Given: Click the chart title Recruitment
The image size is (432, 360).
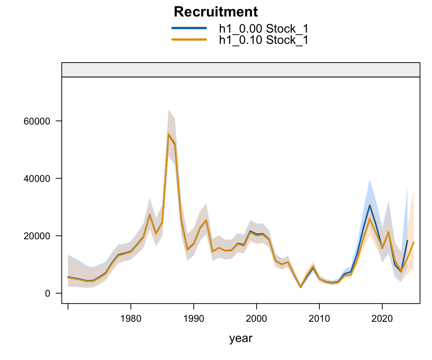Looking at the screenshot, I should (x=216, y=12).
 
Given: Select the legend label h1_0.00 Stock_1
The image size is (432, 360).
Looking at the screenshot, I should (x=264, y=28).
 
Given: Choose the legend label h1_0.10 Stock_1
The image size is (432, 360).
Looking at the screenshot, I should (x=264, y=40).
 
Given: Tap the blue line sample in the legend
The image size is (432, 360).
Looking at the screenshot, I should (x=189, y=28).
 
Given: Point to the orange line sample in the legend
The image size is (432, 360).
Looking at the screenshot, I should (x=189, y=39).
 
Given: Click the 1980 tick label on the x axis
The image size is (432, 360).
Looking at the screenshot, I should (x=130, y=319).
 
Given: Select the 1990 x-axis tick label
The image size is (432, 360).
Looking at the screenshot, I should (x=193, y=319).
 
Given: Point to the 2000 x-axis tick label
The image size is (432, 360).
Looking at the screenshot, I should (x=256, y=319).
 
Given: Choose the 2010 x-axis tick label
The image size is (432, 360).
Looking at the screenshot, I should (x=319, y=319).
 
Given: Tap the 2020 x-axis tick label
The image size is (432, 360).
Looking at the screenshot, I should (x=382, y=319).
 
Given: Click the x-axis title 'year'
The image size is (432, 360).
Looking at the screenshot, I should (x=241, y=339).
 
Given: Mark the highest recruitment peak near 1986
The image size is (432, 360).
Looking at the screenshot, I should (x=168, y=134).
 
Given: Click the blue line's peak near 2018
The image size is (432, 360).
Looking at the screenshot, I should (x=369, y=205).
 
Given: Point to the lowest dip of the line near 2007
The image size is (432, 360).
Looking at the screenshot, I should (x=300, y=287).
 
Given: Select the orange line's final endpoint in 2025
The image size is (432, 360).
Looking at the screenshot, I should (x=414, y=242).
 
